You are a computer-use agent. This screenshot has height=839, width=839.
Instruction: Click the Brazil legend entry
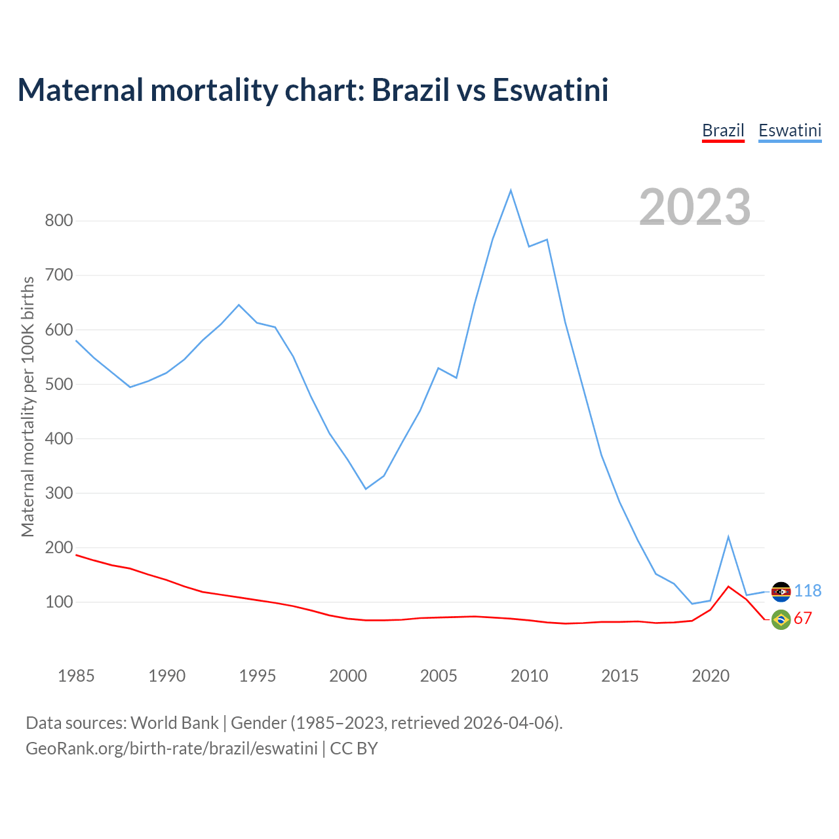click(x=723, y=130)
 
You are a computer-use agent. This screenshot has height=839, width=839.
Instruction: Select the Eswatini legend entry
click(x=790, y=130)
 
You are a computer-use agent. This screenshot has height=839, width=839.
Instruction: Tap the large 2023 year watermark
click(x=695, y=206)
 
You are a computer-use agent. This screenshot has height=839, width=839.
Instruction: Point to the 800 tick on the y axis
click(x=58, y=221)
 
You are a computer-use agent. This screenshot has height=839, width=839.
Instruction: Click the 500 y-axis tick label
click(x=58, y=384)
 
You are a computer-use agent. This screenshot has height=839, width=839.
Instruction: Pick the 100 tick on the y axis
click(x=58, y=602)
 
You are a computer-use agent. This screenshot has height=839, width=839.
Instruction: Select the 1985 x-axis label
click(x=76, y=676)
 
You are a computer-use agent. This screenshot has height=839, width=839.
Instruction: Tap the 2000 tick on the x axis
click(x=348, y=676)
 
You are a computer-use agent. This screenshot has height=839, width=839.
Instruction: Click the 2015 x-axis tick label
click(x=620, y=676)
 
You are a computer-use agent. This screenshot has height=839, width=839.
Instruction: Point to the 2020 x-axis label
click(x=711, y=676)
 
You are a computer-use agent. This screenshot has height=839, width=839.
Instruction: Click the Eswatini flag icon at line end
click(x=781, y=592)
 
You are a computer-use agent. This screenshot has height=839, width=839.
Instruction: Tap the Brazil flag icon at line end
click(x=781, y=619)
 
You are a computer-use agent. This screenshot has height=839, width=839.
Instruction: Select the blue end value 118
click(x=808, y=591)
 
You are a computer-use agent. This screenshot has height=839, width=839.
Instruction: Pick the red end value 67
click(x=803, y=619)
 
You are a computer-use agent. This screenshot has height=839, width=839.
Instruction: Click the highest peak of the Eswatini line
click(x=511, y=191)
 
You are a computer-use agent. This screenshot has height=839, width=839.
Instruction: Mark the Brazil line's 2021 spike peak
click(x=728, y=587)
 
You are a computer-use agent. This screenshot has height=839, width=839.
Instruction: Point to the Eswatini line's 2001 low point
click(x=366, y=489)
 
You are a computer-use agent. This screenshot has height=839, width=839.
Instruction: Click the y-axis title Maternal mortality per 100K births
click(x=28, y=406)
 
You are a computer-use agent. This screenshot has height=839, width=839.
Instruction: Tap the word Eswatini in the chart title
click(x=551, y=90)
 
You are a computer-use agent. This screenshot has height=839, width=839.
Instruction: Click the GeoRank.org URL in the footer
click(x=172, y=749)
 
